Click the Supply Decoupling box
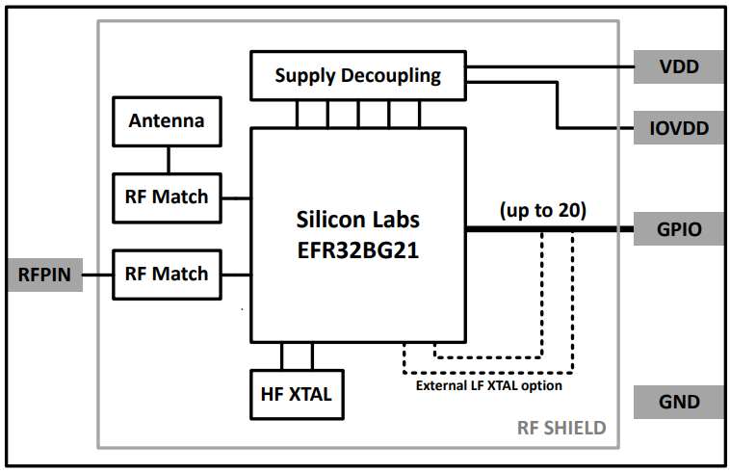coord(357,75)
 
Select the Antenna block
coord(167,121)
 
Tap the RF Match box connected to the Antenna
coord(167,197)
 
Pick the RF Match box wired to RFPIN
coord(167,274)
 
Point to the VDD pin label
coord(679,67)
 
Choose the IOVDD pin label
coord(679,127)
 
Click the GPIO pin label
coord(679,229)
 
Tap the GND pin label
coord(679,402)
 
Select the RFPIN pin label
coord(44,275)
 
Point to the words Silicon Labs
coord(357,219)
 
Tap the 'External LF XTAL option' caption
coord(488,385)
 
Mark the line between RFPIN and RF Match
coord(97,275)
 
